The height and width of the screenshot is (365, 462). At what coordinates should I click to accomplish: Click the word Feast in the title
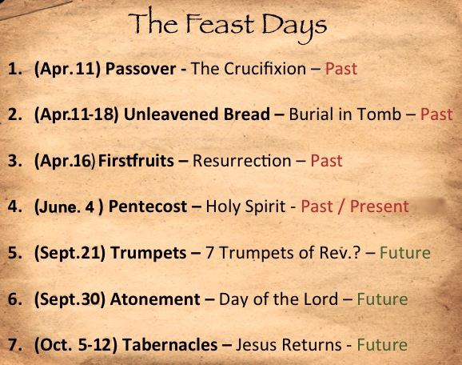(220, 23)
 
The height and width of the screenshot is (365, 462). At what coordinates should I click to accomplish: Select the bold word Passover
(141, 69)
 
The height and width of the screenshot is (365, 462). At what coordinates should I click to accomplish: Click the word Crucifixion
(265, 69)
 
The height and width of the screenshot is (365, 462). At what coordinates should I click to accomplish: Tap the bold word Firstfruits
(136, 161)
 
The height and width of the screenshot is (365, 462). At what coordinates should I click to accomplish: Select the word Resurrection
(242, 161)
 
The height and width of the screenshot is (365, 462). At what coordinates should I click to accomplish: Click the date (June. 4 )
(69, 207)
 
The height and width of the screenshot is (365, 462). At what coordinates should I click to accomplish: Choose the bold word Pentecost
(148, 207)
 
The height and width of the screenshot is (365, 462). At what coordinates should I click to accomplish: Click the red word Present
(380, 206)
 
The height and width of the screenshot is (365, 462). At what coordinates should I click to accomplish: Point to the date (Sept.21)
(70, 253)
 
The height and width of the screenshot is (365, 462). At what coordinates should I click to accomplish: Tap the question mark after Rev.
(356, 253)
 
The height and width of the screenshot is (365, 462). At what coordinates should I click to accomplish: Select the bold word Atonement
(155, 299)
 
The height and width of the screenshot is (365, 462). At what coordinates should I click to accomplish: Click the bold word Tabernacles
(170, 345)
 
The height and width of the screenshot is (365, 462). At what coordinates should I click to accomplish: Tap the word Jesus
(257, 345)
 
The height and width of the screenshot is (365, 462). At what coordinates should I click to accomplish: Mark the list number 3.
(14, 161)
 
